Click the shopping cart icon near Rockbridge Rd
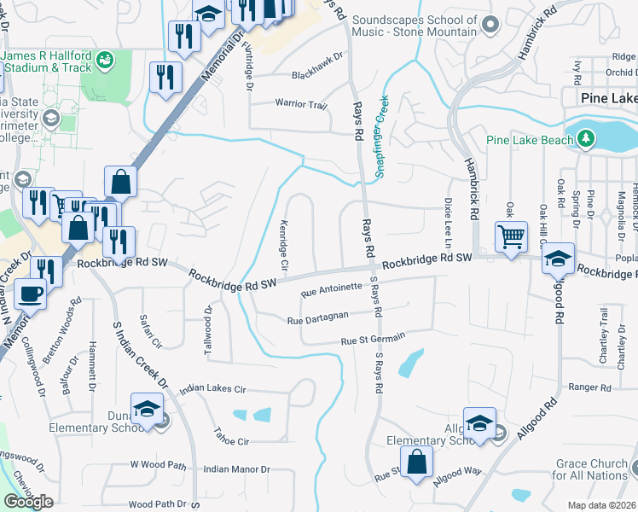(511, 236)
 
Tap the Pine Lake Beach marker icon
(586, 138)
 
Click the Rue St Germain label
(372, 340)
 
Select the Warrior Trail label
(300, 104)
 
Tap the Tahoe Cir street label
(231, 441)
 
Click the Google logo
(29, 502)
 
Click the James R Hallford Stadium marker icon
(106, 60)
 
